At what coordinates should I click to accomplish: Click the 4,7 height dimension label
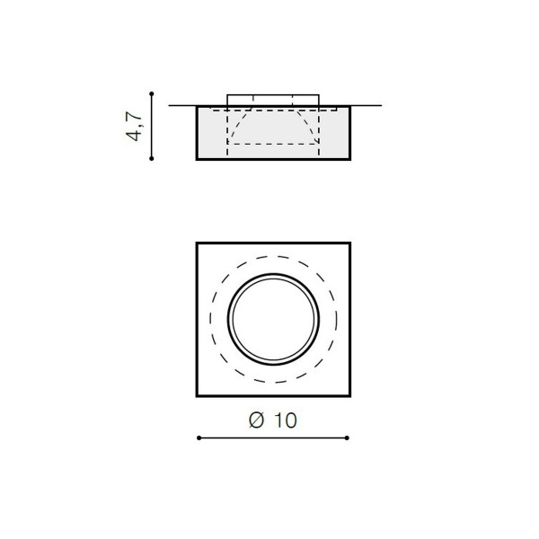pyautogui.click(x=134, y=126)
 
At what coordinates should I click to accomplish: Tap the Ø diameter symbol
pyautogui.click(x=256, y=420)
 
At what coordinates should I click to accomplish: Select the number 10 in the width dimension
pyautogui.click(x=286, y=420)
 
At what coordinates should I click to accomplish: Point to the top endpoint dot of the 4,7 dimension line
pyautogui.click(x=152, y=93)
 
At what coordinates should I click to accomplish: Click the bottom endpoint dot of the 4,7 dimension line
pyautogui.click(x=152, y=158)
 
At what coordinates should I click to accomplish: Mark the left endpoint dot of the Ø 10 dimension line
pyautogui.click(x=199, y=438)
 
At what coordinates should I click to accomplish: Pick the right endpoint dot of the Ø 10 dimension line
pyautogui.click(x=347, y=438)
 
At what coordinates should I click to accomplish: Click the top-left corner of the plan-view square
pyautogui.click(x=197, y=243)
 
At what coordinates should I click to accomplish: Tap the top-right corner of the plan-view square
pyautogui.click(x=350, y=243)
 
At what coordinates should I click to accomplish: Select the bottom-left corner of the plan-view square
pyautogui.click(x=197, y=396)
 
